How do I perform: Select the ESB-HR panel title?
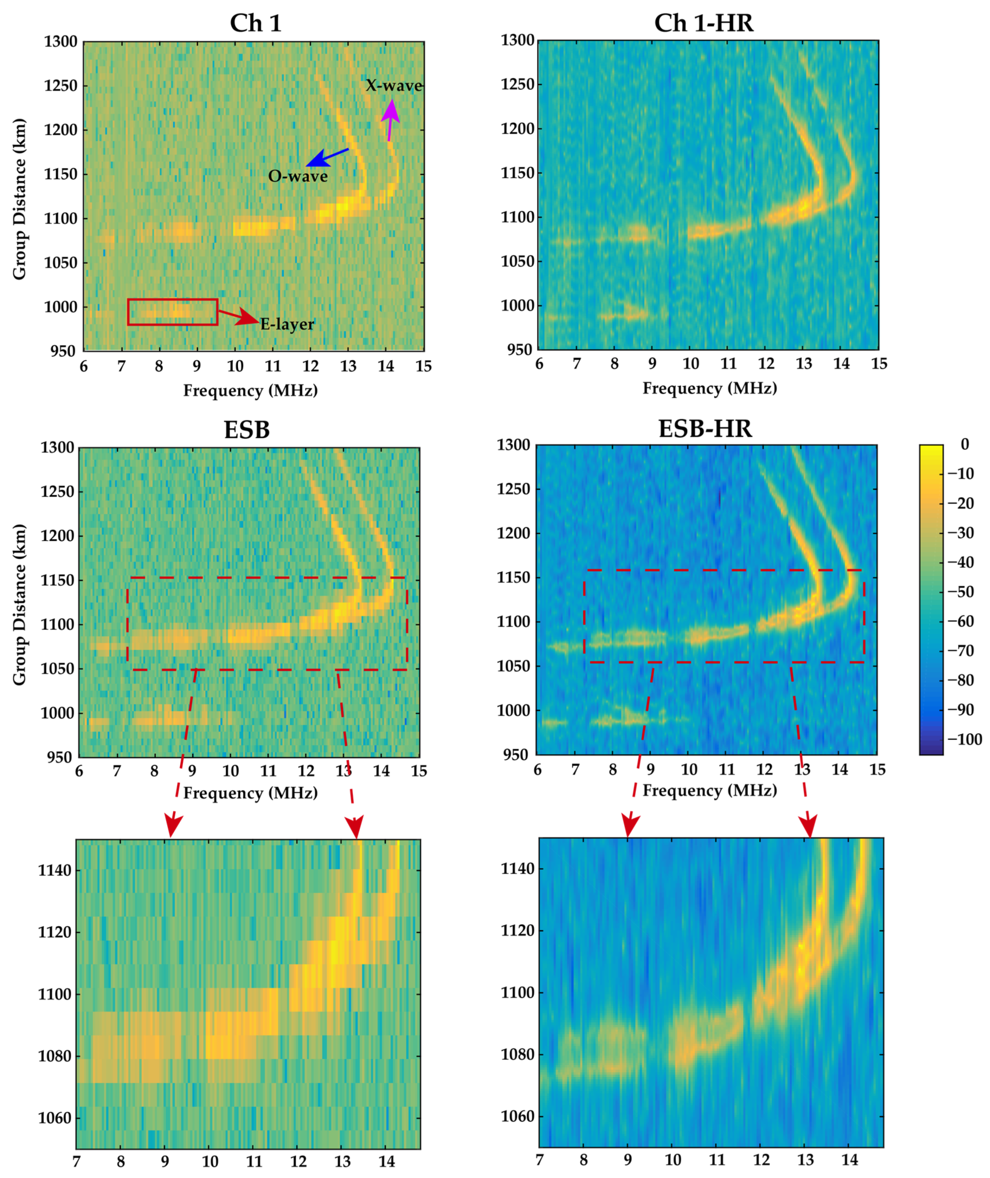coord(705,429)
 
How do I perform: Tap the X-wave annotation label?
coord(394,86)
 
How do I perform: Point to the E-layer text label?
coord(287,324)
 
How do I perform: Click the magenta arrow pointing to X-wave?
coord(390,118)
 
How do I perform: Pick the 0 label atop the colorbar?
coord(965,444)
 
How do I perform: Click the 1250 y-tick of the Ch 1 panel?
coord(61,86)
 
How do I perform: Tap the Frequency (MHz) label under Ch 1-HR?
coord(709,388)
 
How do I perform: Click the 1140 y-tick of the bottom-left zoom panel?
coord(55,871)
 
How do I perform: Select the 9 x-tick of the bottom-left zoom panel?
coord(164,1161)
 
